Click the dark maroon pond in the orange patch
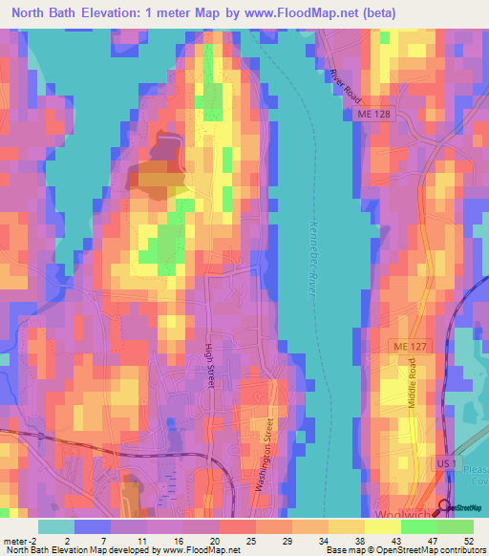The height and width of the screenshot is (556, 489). (163, 149)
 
